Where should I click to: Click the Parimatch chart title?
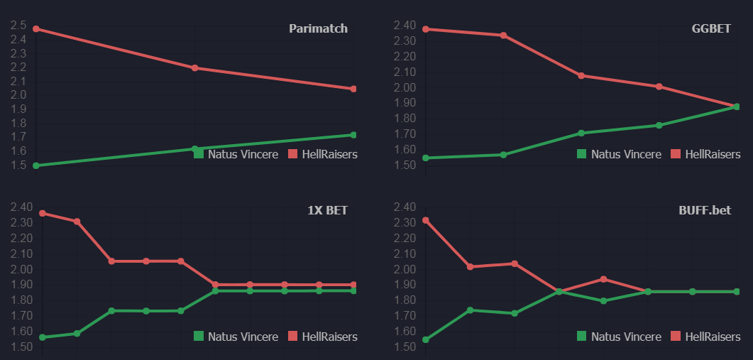coord(318,29)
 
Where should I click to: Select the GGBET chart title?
coord(715,29)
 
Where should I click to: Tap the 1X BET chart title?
coord(327,210)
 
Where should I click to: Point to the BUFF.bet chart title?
coord(709,210)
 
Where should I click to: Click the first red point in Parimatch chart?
coord(35,29)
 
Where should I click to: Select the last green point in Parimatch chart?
coord(353,135)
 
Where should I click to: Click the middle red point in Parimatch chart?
coord(194,68)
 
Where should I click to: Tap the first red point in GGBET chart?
coord(425,29)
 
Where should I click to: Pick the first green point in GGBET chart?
coord(425,158)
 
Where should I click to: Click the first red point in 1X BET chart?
coord(42,213)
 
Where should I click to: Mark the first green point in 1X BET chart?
coord(42,337)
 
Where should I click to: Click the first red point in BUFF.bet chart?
coord(425,220)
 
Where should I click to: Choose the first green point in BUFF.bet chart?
coord(425,339)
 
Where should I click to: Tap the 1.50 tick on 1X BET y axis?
coord(21,347)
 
